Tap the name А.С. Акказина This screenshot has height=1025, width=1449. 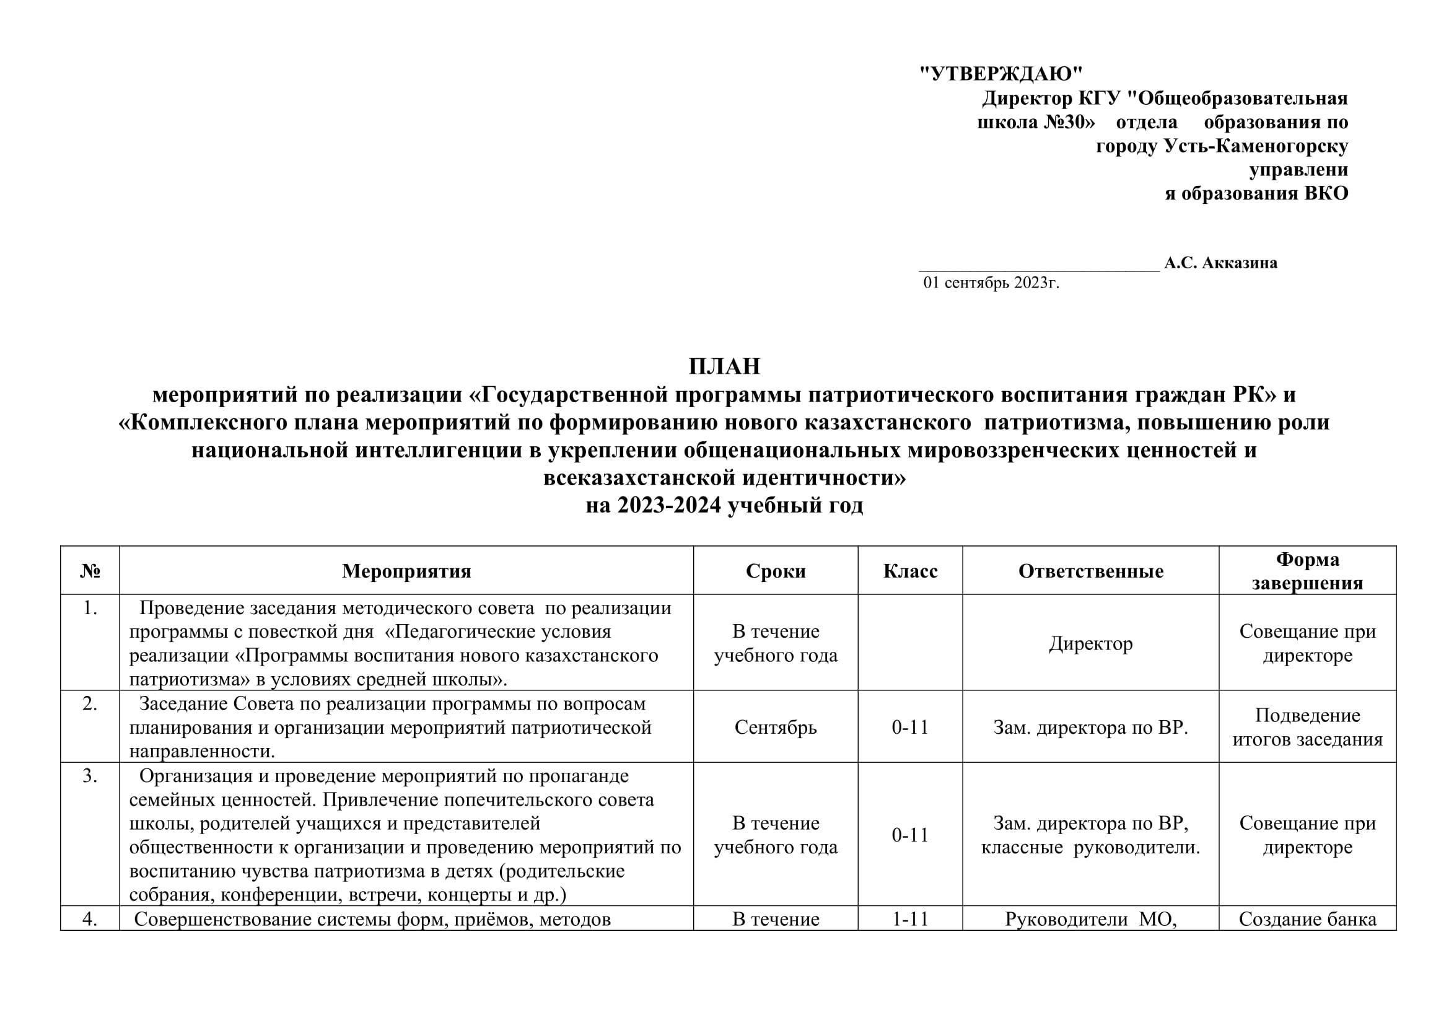pos(1220,263)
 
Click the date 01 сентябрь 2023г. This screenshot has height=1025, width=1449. pos(991,283)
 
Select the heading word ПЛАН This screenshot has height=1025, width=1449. pos(725,367)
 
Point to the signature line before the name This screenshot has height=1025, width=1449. pos(1039,268)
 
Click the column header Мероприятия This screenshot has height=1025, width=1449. pos(406,571)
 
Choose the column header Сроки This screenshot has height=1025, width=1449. pos(776,571)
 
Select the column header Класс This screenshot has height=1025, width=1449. pos(910,571)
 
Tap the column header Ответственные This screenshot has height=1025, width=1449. pos(1090,571)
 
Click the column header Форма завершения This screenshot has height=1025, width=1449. pos(1307,571)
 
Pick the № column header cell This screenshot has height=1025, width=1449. pos(90,571)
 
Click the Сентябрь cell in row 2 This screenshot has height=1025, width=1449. pos(776,727)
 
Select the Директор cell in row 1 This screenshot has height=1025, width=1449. pos(1090,643)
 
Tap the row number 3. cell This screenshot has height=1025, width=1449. pos(90,776)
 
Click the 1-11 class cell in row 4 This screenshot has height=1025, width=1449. pos(910,919)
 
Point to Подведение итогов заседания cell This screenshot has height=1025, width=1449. pos(1307,727)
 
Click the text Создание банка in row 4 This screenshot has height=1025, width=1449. pos(1307,919)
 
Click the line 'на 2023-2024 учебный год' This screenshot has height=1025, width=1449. pos(725,506)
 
